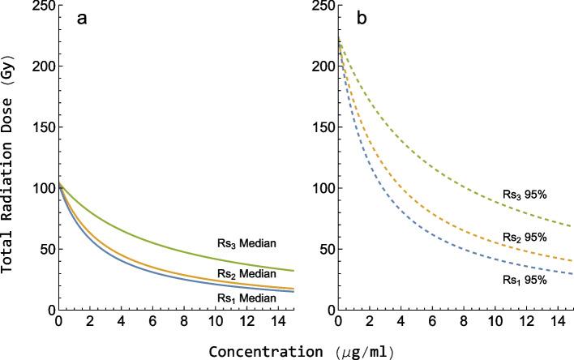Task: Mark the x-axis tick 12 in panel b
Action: click(x=528, y=322)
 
